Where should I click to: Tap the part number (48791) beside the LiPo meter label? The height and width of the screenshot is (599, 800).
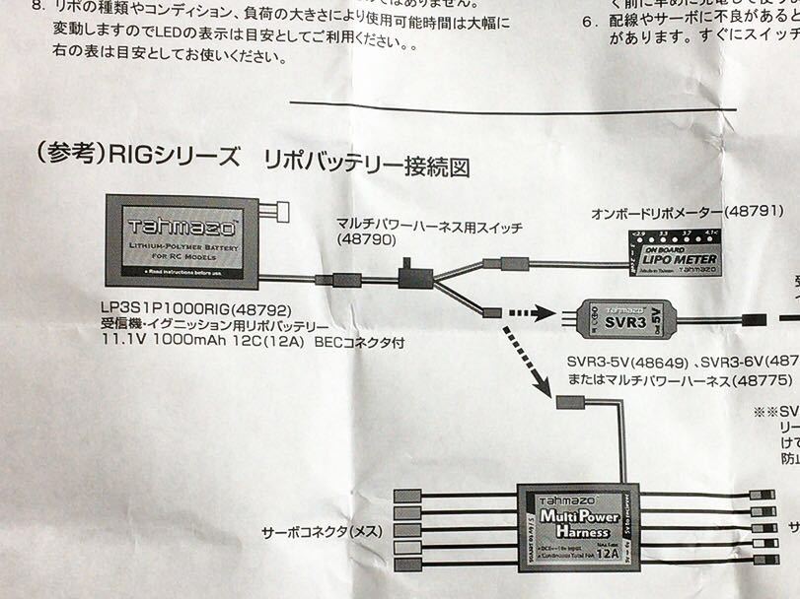pos(753,211)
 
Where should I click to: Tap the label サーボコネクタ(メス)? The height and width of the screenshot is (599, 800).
pos(317,533)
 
